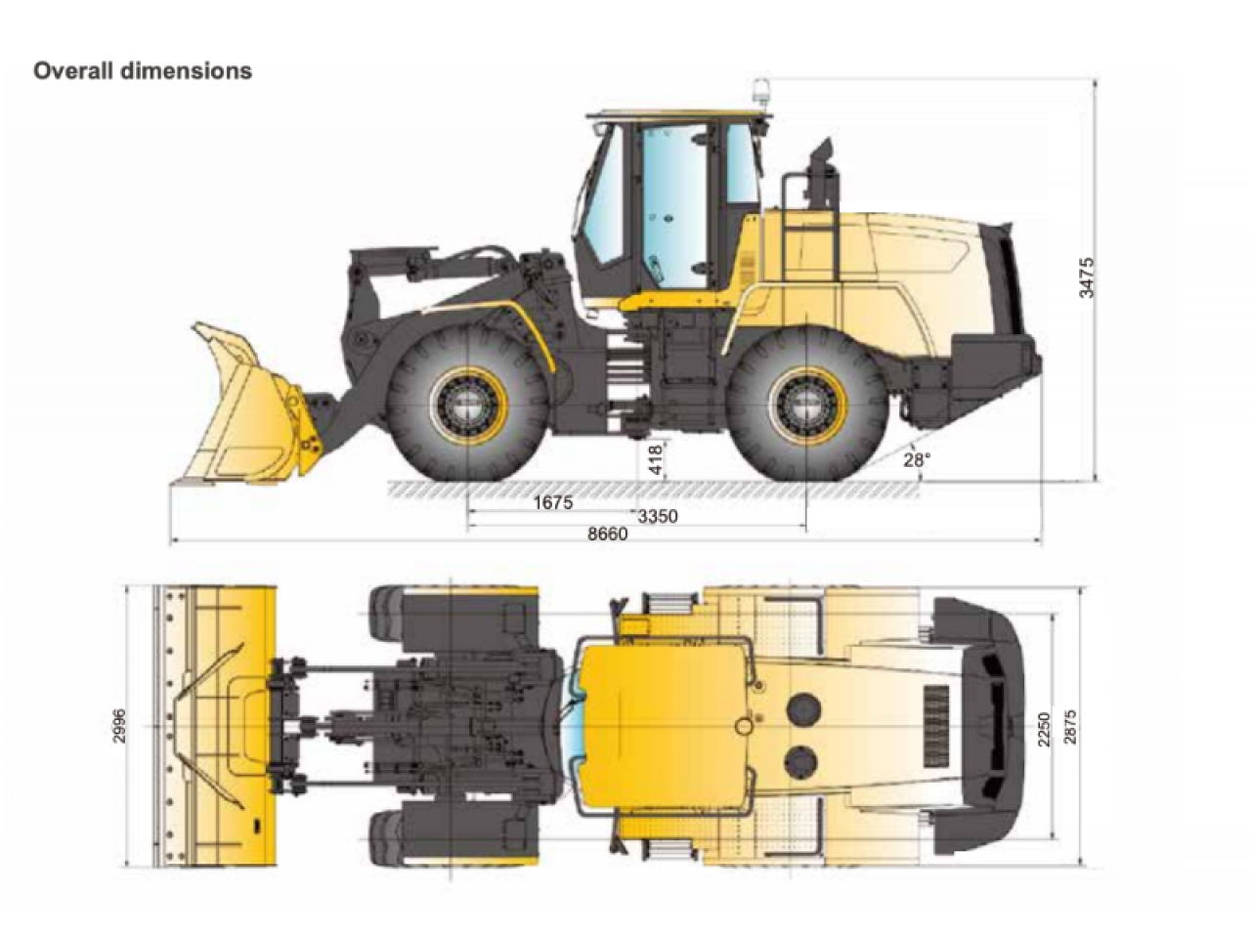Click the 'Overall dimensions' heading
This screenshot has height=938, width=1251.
(x=143, y=71)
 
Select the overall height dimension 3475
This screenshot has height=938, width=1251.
(x=1088, y=277)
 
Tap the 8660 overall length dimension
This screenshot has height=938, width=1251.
(x=608, y=533)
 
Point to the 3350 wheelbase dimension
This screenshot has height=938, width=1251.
(x=658, y=517)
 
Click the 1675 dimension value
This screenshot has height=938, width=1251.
(x=553, y=503)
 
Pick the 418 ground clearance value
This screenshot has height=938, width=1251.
(x=656, y=459)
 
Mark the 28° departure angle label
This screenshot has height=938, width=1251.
(x=917, y=459)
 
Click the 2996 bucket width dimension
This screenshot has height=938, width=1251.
(x=119, y=726)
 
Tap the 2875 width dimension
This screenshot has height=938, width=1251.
(x=1070, y=726)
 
